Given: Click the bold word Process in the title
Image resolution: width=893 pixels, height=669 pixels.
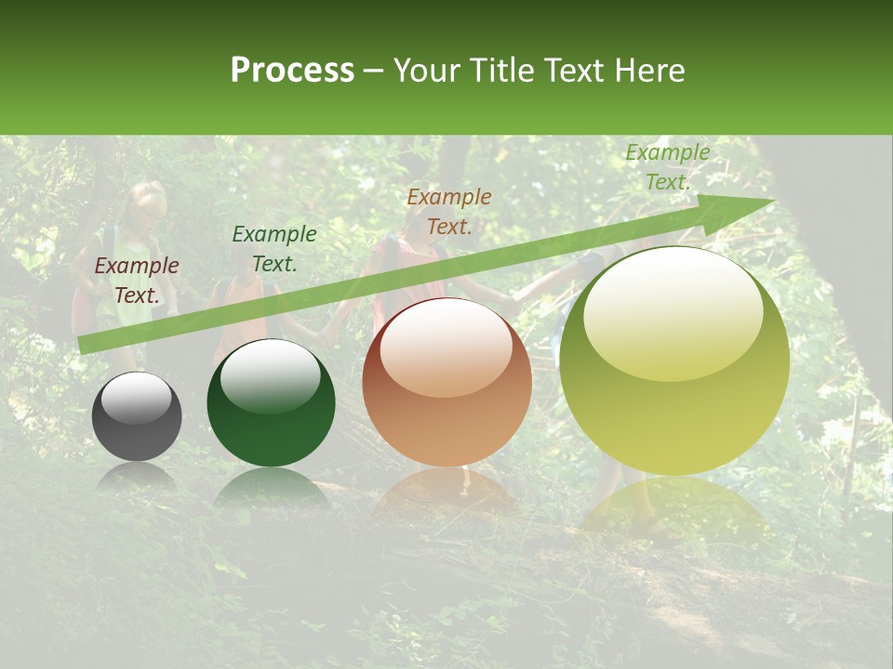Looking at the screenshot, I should pos(292,71).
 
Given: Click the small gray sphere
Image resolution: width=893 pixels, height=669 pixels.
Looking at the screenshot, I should pos(137,417).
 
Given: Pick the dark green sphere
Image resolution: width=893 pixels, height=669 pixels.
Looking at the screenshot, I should pos(271,403).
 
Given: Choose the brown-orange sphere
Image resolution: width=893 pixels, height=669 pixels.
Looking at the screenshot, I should pos(446,382).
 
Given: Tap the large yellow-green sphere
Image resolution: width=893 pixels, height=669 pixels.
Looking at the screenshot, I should pos(674,361).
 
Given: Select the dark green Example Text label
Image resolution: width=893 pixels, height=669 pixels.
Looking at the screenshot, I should pos(274,249).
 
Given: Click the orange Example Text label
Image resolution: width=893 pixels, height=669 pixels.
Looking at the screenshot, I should pos(449,211).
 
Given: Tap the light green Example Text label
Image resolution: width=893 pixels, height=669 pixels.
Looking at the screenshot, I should pos(668,167).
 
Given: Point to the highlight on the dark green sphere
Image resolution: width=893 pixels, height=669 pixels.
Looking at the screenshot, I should pos(270,375).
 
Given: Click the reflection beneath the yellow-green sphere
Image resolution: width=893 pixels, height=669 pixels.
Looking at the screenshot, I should pos(674,506).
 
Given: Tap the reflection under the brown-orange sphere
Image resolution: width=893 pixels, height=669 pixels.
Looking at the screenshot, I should pos(446,492).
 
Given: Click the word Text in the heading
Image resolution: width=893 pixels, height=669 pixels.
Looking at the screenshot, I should pos(570,71).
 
